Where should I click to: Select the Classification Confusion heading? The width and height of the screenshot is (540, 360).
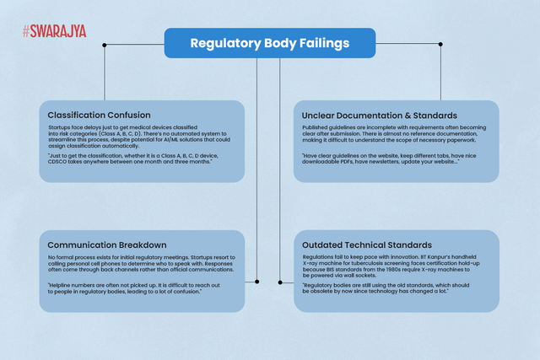[x=100, y=114]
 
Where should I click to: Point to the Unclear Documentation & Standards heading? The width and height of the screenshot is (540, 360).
[x=380, y=114]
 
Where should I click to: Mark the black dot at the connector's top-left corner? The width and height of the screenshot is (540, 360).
[x=104, y=44]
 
